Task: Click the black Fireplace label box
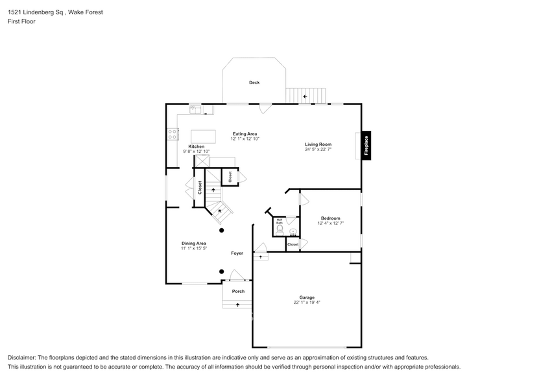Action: coord(366,145)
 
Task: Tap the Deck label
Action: coord(254,82)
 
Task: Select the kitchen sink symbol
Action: coord(196,110)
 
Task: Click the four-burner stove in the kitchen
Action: coord(173,134)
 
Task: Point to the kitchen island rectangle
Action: coord(203,136)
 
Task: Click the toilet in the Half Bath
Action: coord(280,230)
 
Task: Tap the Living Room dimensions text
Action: coord(318,150)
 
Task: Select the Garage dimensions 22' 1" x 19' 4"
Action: coord(307,303)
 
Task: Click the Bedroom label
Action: coord(331,218)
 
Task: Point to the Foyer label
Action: coord(237,253)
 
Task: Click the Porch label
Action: coord(238,292)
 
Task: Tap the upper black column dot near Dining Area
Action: coord(222,230)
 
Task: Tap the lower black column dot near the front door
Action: coord(222,271)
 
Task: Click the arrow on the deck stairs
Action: coord(305,97)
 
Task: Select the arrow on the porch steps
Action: coord(237,305)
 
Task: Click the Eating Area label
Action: coord(245,134)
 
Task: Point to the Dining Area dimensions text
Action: coord(194,248)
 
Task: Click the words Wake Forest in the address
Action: coord(86,12)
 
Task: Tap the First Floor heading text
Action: coord(21,21)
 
